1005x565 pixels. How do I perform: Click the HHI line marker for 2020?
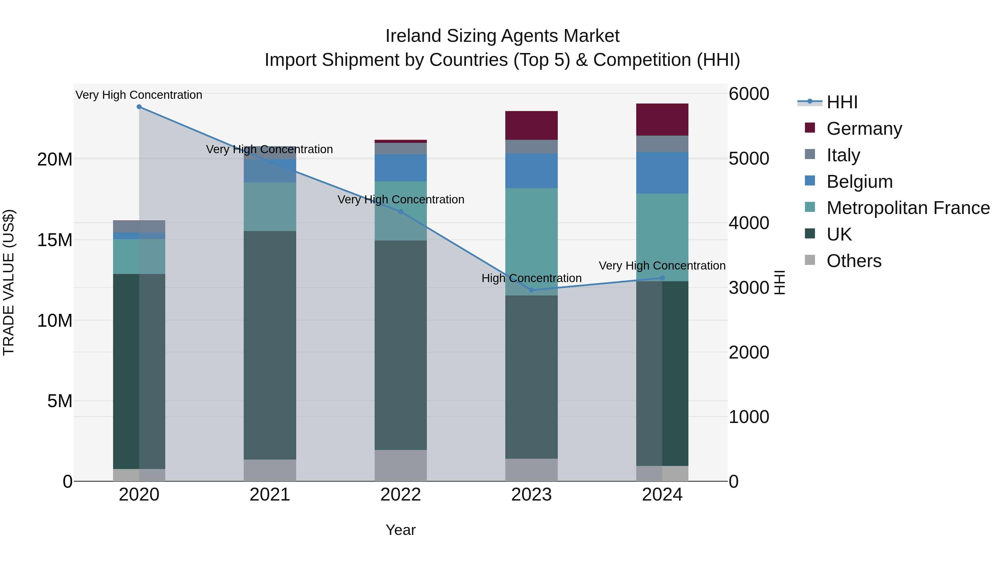click(x=139, y=107)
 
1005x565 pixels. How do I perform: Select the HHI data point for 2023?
click(x=531, y=290)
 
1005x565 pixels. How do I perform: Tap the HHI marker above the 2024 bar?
click(x=662, y=278)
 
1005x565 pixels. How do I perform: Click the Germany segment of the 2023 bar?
click(x=531, y=125)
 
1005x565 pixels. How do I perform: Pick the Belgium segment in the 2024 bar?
click(x=662, y=173)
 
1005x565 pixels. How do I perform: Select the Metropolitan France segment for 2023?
click(x=531, y=241)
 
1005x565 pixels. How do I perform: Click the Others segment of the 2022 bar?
click(x=401, y=466)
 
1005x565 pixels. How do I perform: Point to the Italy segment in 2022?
click(x=401, y=148)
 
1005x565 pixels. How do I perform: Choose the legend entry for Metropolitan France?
click(x=908, y=208)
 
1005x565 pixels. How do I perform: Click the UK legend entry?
click(x=839, y=234)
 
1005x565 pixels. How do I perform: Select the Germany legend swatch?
click(x=810, y=128)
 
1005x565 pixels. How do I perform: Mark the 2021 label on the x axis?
click(x=270, y=495)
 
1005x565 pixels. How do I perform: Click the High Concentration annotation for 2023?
click(x=531, y=278)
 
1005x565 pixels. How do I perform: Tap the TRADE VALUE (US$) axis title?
click(x=9, y=282)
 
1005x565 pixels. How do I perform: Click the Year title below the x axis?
click(x=401, y=530)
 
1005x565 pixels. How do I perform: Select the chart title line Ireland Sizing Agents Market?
click(x=502, y=36)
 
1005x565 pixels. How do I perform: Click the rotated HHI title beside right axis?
click(x=779, y=282)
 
